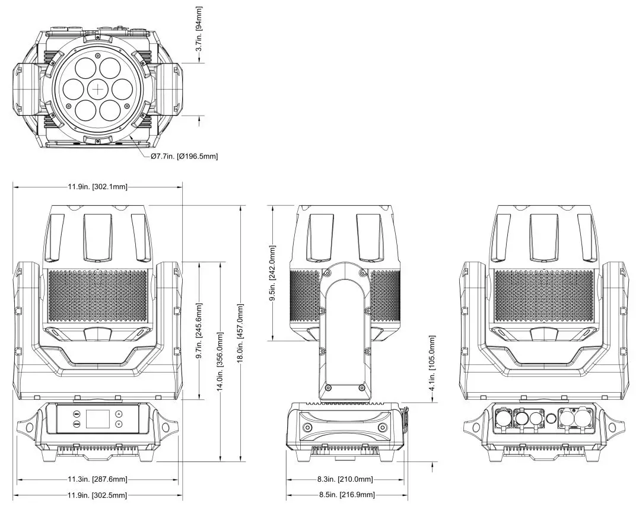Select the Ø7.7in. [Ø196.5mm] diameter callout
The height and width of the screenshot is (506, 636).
(x=184, y=156)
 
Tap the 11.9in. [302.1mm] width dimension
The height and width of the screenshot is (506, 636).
(x=97, y=187)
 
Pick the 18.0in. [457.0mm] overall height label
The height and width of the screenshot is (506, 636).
(x=241, y=333)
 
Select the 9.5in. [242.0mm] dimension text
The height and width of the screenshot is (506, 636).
(x=272, y=273)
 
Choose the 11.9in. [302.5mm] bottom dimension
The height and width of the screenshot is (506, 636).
(x=97, y=495)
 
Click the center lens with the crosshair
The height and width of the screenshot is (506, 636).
(x=98, y=89)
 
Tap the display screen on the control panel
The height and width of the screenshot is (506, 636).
(x=97, y=419)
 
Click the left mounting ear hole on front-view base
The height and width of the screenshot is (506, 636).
(x=27, y=427)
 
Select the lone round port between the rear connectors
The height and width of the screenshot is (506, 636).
(x=551, y=419)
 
